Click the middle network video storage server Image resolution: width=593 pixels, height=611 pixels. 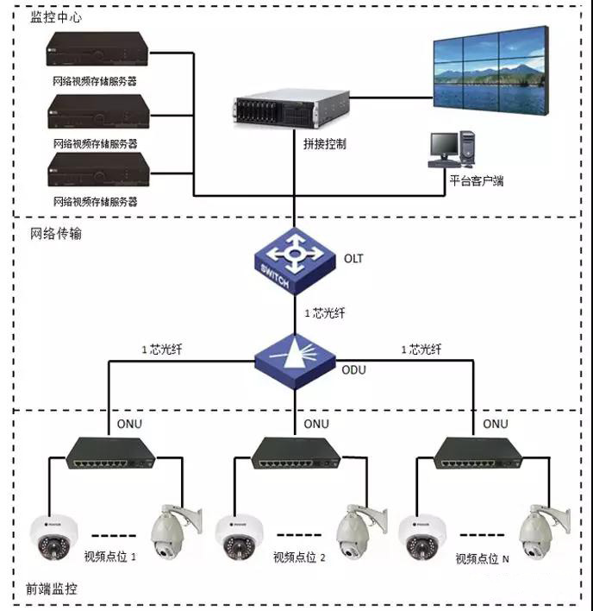pyautogui.click(x=94, y=111)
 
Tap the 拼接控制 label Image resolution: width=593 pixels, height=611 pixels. pyautogui.click(x=325, y=144)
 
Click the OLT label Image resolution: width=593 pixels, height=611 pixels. pyautogui.click(x=354, y=258)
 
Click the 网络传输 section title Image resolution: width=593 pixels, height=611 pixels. pyautogui.click(x=56, y=234)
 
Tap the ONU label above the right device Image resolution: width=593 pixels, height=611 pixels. pyautogui.click(x=495, y=424)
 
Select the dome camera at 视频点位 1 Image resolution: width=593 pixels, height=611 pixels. pyautogui.click(x=53, y=536)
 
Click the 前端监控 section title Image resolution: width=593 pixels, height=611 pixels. pyautogui.click(x=54, y=589)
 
